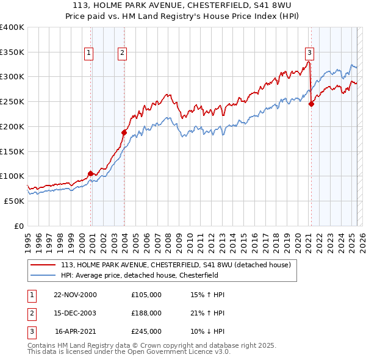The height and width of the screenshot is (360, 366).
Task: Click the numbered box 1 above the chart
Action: tap(89, 53)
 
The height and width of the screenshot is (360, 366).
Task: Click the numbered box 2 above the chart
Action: tap(123, 53)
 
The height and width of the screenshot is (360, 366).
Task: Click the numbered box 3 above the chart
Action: tap(310, 53)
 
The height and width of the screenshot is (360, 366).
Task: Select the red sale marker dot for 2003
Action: tap(124, 132)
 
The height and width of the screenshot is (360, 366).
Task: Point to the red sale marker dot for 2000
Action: tap(91, 173)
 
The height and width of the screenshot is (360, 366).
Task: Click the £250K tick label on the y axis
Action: tap(12, 101)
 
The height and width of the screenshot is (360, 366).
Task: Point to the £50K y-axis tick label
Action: tap(14, 201)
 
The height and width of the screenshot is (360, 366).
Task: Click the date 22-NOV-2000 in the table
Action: tap(76, 295)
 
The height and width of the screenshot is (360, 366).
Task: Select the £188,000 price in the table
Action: tap(146, 313)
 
